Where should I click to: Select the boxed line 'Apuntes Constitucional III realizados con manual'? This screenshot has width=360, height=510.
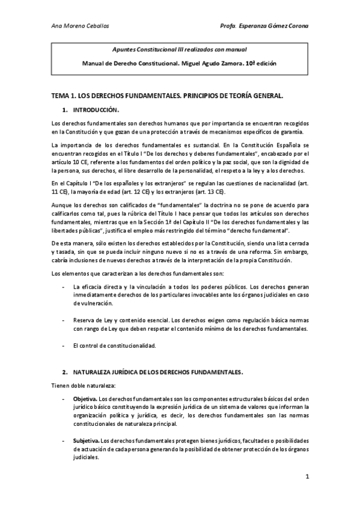click(180, 49)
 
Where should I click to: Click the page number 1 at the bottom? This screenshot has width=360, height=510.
click(307, 477)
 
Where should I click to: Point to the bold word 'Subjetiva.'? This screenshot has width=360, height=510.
click(87, 440)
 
